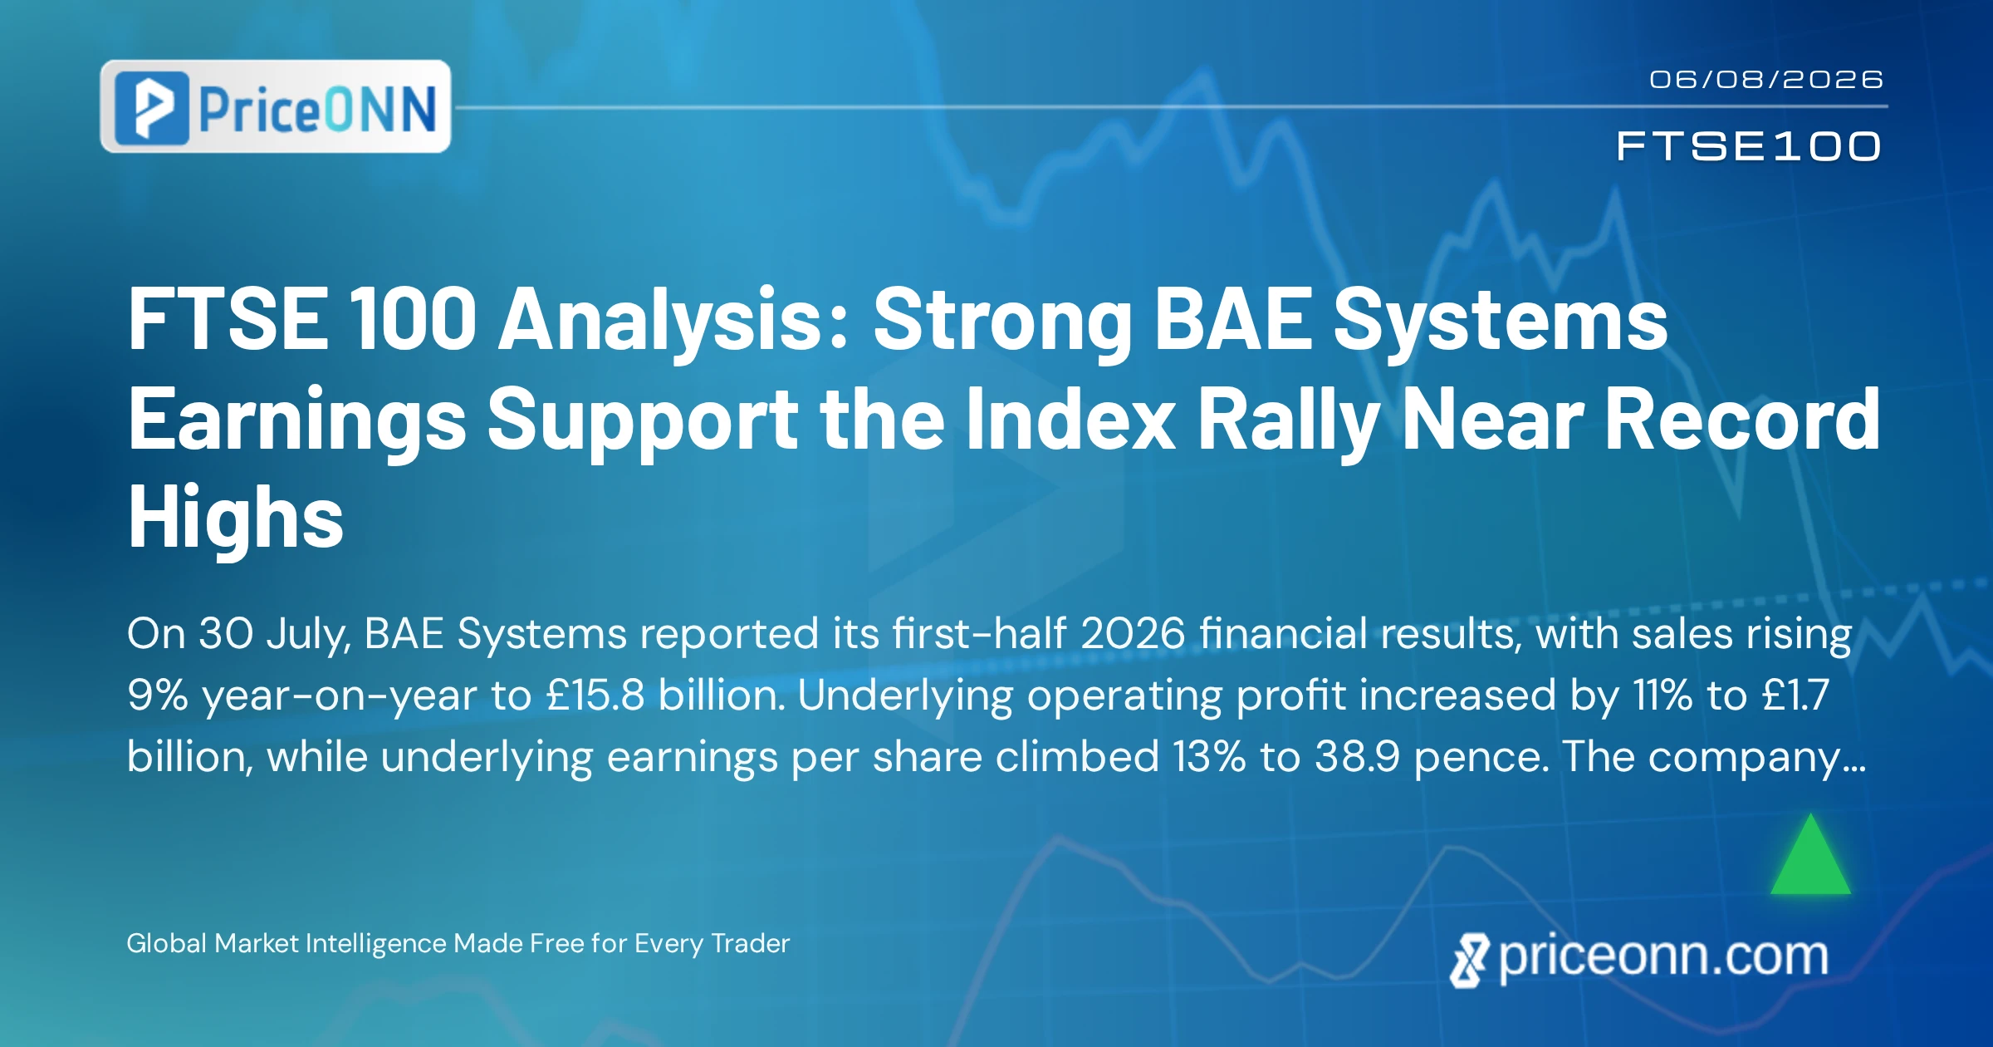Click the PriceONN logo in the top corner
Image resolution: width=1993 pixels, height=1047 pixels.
point(276,106)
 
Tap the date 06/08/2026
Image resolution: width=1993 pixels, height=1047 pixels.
point(1765,79)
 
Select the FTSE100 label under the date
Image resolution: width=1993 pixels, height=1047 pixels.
point(1749,146)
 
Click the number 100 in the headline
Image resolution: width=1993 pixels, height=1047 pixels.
point(413,320)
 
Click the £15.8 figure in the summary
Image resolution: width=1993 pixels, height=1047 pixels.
point(595,696)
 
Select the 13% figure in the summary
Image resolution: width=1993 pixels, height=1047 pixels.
point(1209,757)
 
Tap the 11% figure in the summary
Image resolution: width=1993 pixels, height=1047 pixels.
point(1662,696)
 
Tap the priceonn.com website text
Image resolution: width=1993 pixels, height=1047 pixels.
point(1663,957)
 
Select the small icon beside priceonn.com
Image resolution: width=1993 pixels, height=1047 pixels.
point(1470,961)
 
